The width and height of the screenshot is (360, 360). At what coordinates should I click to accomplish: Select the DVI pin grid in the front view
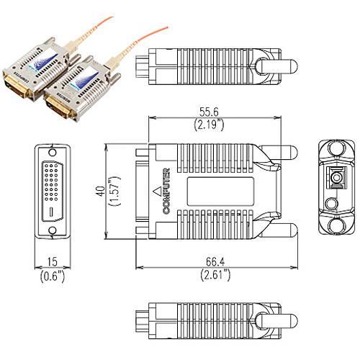[53, 181]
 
